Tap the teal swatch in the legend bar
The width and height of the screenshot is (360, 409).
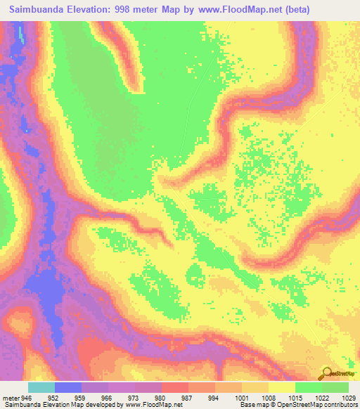[x=41, y=387]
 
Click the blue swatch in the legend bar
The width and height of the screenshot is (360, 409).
[x=67, y=387]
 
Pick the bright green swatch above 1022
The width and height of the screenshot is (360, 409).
[x=308, y=387]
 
